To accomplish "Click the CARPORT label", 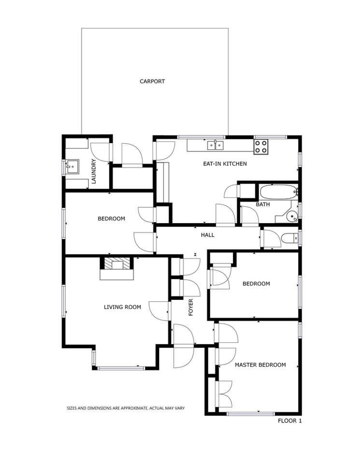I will coord(152,81).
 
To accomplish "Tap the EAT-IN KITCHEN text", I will coord(224,164).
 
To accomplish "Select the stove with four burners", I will coord(261,146).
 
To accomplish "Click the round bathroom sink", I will coord(292,217).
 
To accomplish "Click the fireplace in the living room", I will coord(116,268).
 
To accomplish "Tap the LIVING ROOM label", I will coord(123,307).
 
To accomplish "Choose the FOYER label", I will coord(191,307).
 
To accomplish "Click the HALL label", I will coord(208,235).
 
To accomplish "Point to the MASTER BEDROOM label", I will coord(260,365).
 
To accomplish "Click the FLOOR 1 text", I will coord(290,421).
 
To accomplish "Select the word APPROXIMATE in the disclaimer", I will coord(127,408).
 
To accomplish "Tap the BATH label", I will coord(263,204).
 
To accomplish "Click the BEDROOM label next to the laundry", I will coord(111,218).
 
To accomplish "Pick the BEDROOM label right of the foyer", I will coord(256,283).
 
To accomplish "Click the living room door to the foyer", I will coord(160,310).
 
